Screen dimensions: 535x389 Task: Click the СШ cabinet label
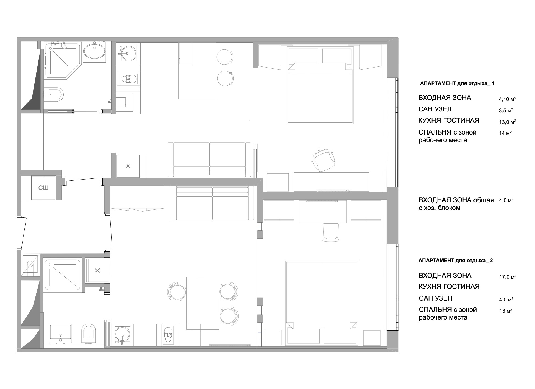click(x=43, y=188)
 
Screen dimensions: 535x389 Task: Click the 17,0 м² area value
click(x=508, y=277)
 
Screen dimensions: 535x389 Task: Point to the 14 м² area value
click(x=505, y=133)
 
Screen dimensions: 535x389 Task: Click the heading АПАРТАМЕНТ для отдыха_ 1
click(x=457, y=84)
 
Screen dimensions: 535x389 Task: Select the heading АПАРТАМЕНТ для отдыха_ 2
click(x=456, y=261)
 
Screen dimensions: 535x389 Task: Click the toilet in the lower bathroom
click(x=88, y=334)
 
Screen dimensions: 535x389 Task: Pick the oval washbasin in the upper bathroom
click(x=94, y=50)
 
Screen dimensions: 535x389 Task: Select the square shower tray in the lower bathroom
click(x=63, y=275)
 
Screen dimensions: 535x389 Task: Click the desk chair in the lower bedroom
click(x=331, y=233)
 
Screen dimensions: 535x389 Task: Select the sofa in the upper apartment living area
click(x=210, y=159)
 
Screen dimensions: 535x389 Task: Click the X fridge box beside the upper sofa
click(x=128, y=166)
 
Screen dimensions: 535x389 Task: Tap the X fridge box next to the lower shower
click(x=97, y=271)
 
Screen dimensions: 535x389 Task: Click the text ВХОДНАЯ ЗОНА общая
click(x=456, y=200)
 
